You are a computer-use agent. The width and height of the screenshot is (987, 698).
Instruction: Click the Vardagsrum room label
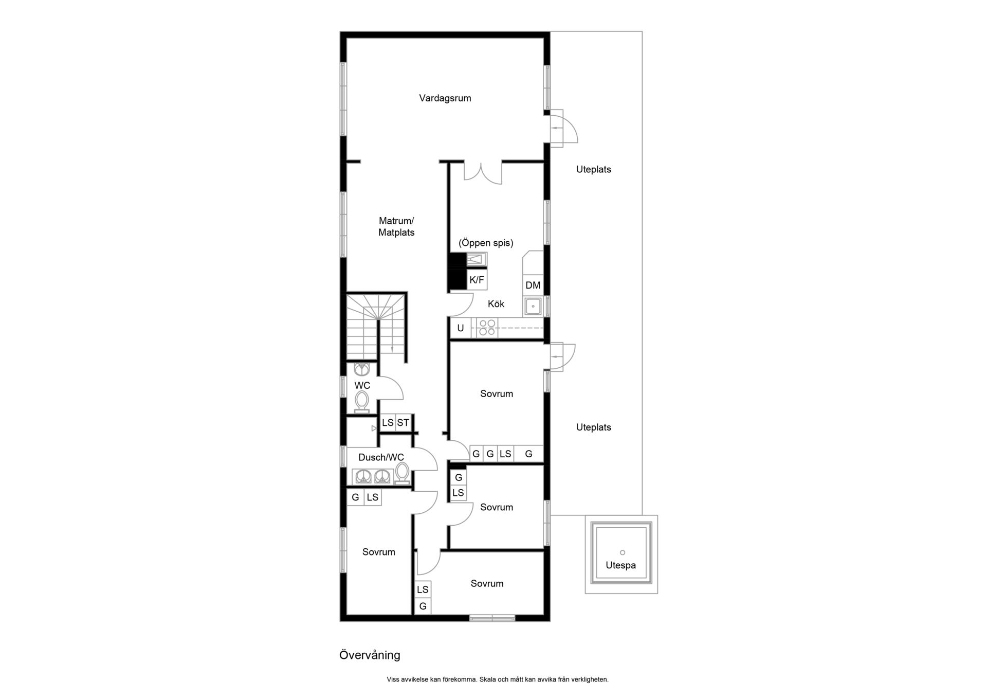coord(445,98)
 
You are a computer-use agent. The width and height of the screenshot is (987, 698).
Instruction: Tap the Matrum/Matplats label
coord(396,227)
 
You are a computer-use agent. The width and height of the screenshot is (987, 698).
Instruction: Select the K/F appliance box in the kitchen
coord(477,280)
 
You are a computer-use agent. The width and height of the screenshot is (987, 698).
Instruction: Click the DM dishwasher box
coord(533,285)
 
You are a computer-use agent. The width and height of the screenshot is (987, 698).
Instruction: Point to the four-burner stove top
coord(486,328)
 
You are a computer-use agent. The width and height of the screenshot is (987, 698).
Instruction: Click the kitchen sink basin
coord(533,307)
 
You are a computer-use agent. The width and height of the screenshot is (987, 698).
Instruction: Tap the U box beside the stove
coord(461,328)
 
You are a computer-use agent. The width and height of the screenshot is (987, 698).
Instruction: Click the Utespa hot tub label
coord(620,565)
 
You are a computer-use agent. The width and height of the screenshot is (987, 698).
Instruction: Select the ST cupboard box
coord(403,423)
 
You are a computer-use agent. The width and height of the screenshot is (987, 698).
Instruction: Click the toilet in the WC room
coord(362,402)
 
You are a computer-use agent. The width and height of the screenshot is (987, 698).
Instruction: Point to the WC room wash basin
coord(362,369)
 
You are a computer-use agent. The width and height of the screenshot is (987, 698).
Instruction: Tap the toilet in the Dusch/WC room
coord(402,473)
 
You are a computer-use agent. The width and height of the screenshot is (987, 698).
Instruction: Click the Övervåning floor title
coord(370,655)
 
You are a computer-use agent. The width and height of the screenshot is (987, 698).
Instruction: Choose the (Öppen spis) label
coord(486,243)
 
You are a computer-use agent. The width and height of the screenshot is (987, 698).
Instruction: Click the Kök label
coord(496,304)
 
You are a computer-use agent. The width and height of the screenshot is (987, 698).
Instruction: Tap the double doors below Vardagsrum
coord(483,173)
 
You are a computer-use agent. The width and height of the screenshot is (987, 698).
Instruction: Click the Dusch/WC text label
coord(381,457)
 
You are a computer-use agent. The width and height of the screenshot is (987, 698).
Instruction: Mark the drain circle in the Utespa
coord(623,552)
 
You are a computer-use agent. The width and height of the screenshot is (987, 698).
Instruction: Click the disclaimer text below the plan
coord(498,679)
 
